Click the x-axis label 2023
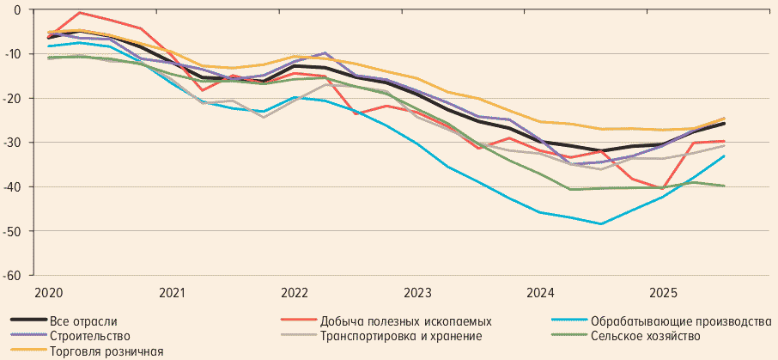point(417,292)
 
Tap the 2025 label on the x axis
point(663,292)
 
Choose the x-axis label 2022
point(295,292)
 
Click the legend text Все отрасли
point(83,321)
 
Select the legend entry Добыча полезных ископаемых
point(405,321)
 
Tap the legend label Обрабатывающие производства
point(681,321)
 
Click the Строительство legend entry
point(90,336)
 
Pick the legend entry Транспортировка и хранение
point(400,336)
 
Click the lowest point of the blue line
point(601,223)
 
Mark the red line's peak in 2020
point(79,12)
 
